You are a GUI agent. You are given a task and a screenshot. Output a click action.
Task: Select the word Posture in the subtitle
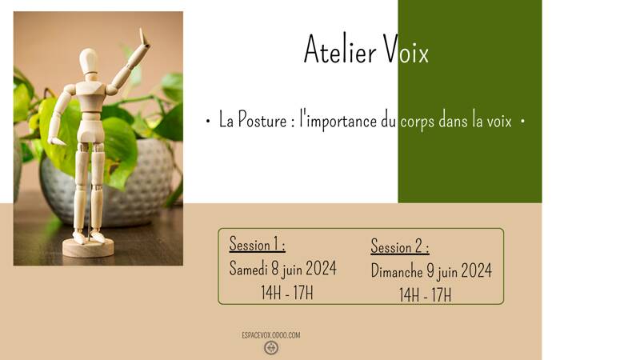click(263, 121)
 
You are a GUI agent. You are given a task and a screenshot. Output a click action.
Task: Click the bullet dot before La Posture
click(208, 122)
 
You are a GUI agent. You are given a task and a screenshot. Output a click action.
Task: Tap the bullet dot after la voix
click(522, 122)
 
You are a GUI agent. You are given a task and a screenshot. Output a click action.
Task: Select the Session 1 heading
click(257, 244)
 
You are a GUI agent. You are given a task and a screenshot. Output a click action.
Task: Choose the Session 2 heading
click(399, 246)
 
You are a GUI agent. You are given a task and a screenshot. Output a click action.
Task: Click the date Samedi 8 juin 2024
click(282, 269)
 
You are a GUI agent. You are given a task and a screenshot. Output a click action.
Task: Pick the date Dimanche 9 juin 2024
click(431, 271)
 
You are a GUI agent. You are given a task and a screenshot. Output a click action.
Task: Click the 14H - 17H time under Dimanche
click(425, 295)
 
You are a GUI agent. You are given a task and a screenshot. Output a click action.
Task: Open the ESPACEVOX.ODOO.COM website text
click(270, 334)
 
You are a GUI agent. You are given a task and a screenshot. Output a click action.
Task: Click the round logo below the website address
click(271, 348)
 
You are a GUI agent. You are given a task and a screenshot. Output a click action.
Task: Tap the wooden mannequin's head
click(88, 61)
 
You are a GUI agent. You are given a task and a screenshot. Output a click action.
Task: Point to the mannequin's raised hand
click(143, 38)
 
